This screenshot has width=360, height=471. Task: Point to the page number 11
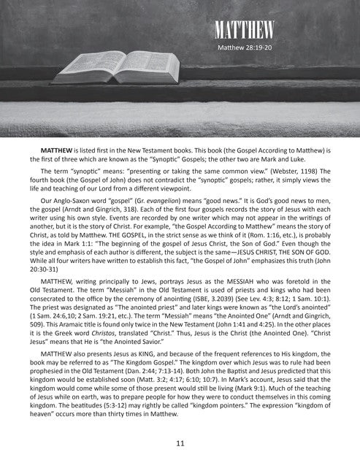tap(180, 442)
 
